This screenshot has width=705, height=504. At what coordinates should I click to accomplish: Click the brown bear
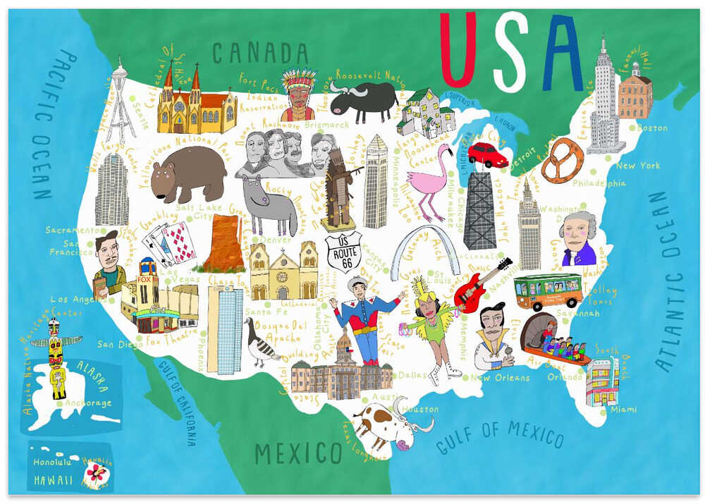(186, 173)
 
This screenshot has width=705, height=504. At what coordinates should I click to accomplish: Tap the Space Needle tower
(121, 102)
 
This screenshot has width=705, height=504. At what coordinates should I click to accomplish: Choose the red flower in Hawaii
(97, 471)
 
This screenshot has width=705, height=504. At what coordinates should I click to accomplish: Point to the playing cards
(170, 242)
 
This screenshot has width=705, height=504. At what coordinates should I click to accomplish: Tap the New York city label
(637, 166)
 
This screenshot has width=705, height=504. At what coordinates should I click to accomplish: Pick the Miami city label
(623, 410)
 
